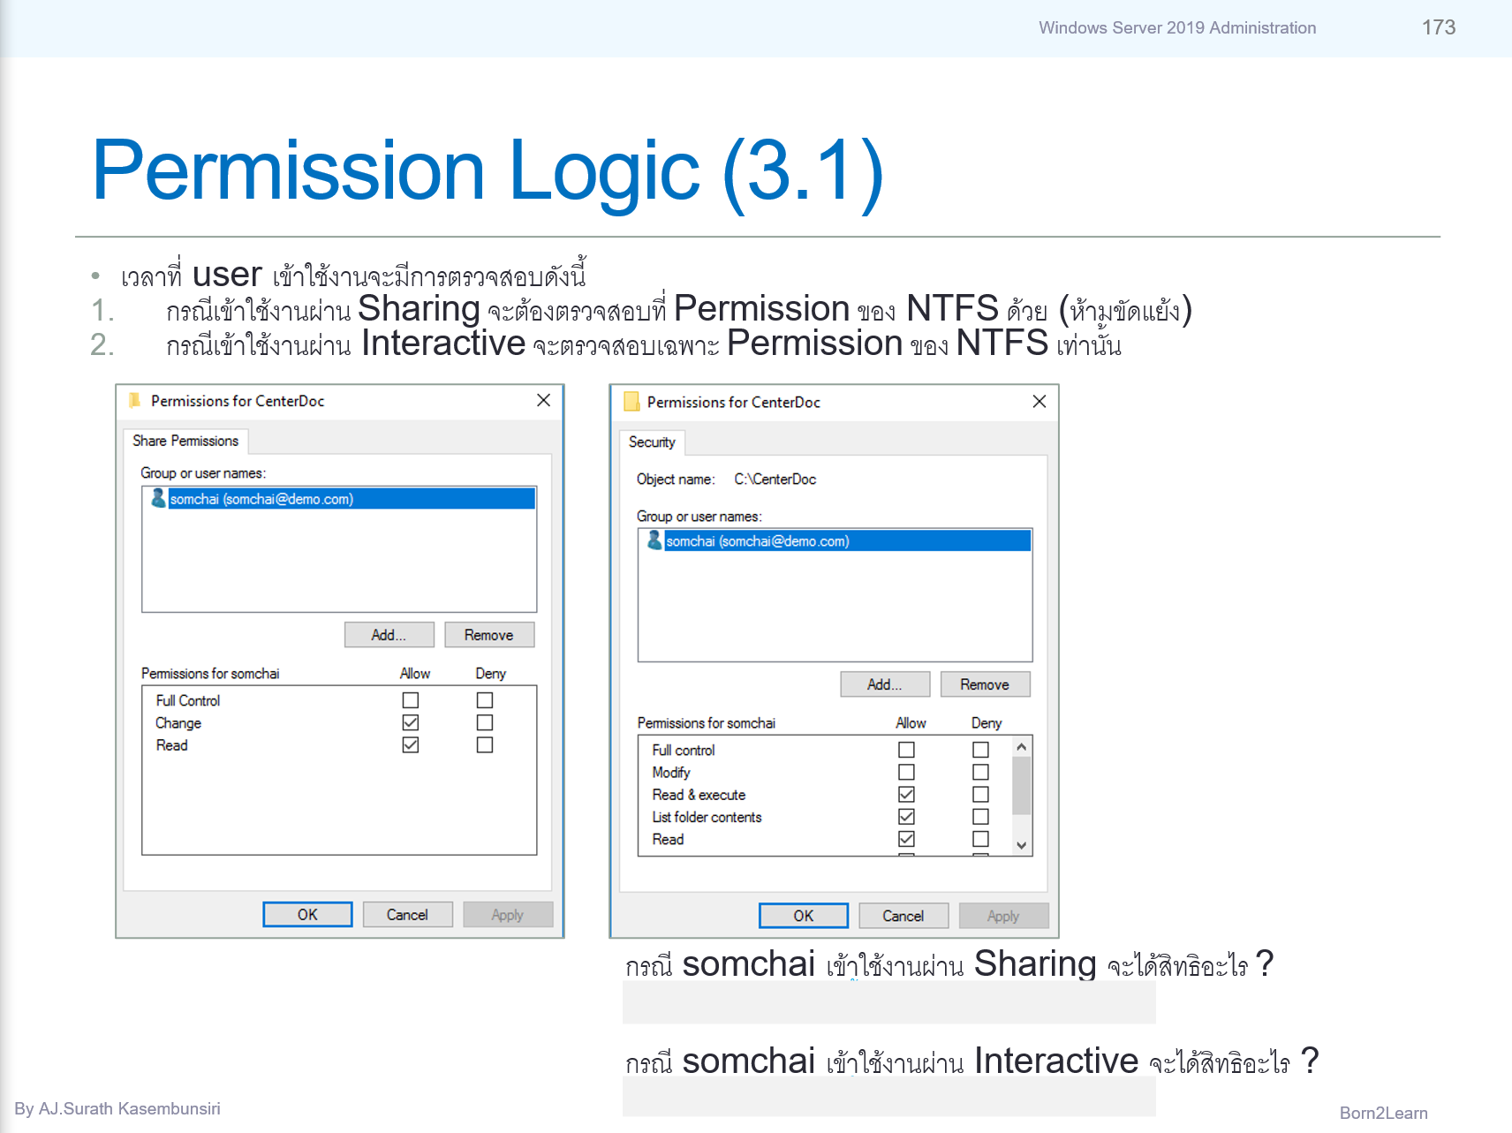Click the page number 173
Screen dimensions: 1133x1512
tap(1438, 27)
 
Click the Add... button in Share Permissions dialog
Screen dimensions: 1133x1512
tap(389, 635)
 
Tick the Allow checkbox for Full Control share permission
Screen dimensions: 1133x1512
tap(411, 700)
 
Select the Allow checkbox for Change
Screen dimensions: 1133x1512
tap(411, 722)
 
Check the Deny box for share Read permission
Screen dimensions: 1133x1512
tap(485, 745)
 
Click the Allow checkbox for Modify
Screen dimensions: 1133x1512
tap(906, 772)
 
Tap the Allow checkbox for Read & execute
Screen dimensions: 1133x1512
tap(906, 795)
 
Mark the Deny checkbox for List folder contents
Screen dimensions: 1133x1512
tap(980, 817)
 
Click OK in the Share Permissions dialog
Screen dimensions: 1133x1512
tap(307, 915)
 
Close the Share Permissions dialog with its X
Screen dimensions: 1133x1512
tap(543, 400)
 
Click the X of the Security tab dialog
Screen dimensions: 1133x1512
tap(1039, 402)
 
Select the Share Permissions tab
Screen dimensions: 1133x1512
tap(185, 441)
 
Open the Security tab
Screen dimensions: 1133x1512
tap(652, 442)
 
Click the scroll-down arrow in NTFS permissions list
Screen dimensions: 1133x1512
tap(1022, 845)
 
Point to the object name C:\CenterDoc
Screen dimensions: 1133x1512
tap(775, 480)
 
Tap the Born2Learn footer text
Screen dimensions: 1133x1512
tap(1383, 1113)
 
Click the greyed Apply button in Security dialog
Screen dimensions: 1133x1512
tap(1003, 916)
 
